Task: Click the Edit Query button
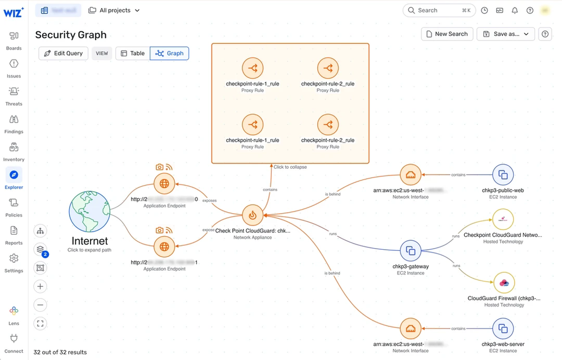click(x=63, y=53)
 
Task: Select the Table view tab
click(x=133, y=53)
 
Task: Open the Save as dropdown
click(x=506, y=34)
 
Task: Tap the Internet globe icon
click(x=89, y=213)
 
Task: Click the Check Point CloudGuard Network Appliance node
click(x=253, y=215)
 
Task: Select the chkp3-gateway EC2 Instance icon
click(x=411, y=251)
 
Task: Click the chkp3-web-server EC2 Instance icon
click(x=503, y=328)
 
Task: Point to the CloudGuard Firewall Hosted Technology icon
click(x=504, y=282)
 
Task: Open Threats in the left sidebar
click(x=14, y=96)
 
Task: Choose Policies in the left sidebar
click(x=14, y=207)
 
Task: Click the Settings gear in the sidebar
click(x=14, y=262)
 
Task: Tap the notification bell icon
click(x=515, y=10)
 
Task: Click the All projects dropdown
click(x=114, y=10)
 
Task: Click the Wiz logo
click(x=14, y=11)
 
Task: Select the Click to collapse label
click(x=290, y=167)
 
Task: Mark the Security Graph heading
click(x=71, y=35)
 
